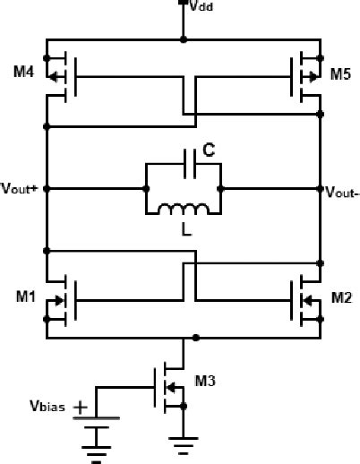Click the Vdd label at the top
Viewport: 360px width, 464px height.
200,6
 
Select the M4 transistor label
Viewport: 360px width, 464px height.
23,73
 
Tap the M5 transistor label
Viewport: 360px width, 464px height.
340,73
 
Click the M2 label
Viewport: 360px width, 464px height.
341,296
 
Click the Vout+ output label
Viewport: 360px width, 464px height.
19,190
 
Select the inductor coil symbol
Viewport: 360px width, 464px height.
184,210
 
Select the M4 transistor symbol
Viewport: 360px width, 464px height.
63,74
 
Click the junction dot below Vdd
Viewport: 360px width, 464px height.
184,39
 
